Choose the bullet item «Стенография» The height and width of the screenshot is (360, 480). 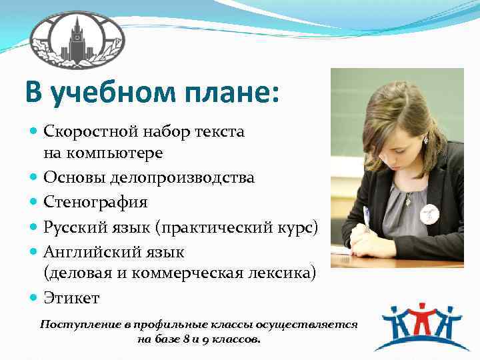pos(95,201)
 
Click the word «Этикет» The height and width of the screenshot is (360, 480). pos(71,297)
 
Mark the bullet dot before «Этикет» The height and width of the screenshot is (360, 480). pos(34,297)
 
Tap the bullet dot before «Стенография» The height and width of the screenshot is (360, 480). pos(34,201)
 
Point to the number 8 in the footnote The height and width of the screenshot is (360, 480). pos(182,339)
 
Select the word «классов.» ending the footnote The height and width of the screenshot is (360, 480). pos(238,339)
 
